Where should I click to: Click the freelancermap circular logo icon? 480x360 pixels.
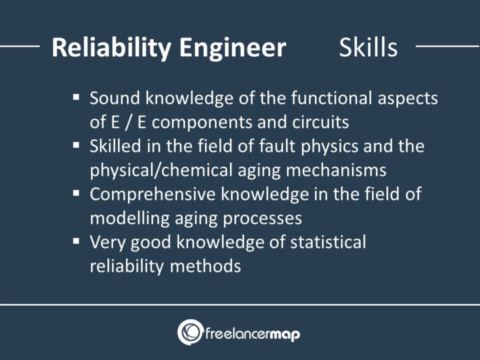coord(189,332)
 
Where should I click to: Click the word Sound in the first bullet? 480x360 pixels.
coord(114,98)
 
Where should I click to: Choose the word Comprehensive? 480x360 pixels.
coord(153,194)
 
